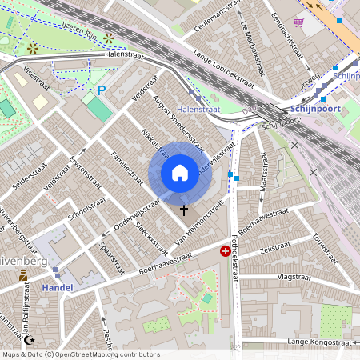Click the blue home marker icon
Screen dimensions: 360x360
coord(180,173)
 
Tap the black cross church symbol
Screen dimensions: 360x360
coord(185,210)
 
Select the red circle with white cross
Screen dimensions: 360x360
coord(226,251)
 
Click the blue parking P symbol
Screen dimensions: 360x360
coord(101,91)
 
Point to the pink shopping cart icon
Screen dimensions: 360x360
coord(298,23)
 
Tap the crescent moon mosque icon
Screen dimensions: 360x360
coord(30,340)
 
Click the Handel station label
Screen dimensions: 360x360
coord(56,287)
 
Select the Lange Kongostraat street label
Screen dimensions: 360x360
coord(319,342)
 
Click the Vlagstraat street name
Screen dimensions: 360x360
coord(293,276)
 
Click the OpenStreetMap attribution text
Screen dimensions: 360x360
coord(81,354)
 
